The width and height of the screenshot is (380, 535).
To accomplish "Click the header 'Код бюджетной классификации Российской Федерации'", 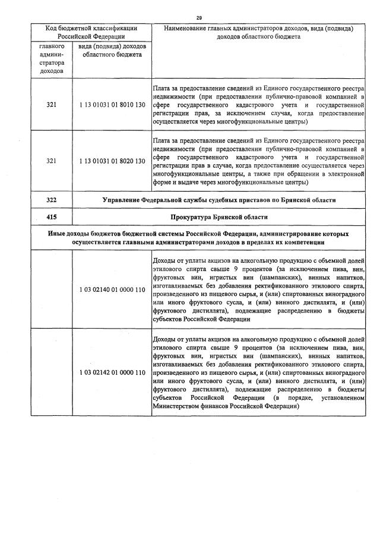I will (91, 32).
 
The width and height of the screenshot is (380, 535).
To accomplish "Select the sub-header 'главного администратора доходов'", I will (51, 58).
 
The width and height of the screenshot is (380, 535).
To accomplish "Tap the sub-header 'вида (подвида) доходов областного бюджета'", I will (111, 50).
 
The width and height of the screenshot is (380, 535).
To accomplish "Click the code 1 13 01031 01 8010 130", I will (112, 105).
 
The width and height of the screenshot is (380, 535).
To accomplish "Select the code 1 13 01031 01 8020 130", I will (112, 161).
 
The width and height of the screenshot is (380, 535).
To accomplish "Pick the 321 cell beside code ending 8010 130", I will (51, 105).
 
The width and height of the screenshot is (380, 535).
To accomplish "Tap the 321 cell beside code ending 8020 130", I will (51, 161).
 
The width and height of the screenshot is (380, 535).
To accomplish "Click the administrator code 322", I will (51, 200).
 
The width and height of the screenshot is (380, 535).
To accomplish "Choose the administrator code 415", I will (51, 217).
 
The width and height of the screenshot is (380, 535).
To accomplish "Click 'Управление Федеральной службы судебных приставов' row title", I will (218, 200).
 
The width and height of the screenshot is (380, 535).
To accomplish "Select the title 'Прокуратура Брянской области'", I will (218, 217).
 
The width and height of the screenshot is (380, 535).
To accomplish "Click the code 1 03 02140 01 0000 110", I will (112, 289).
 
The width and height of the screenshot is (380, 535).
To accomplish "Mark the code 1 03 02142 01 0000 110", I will (112, 372).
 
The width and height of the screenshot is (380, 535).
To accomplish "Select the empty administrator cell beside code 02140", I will (51, 289).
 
